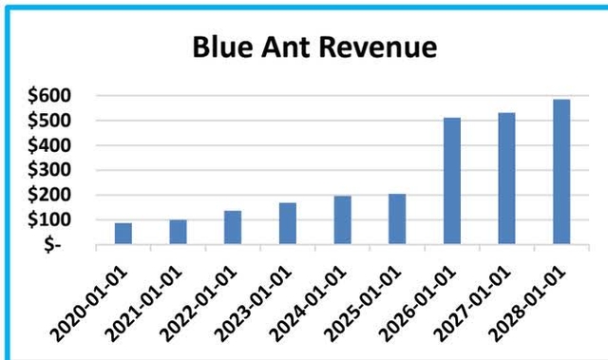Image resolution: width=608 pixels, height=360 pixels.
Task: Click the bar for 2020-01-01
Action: click(x=123, y=234)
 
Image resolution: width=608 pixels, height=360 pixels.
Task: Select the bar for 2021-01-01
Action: click(x=178, y=232)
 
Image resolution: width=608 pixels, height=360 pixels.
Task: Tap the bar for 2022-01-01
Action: click(x=233, y=227)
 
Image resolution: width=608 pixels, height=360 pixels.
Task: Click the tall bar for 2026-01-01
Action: click(x=452, y=180)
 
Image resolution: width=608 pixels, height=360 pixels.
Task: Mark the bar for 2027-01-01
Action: click(x=506, y=179)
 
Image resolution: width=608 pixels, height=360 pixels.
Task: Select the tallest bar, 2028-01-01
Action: click(x=561, y=172)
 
